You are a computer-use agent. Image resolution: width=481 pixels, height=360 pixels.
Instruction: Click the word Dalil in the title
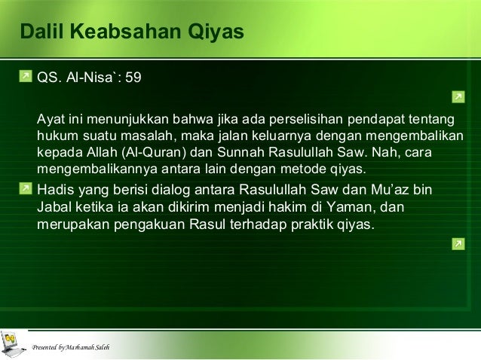point(41,33)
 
